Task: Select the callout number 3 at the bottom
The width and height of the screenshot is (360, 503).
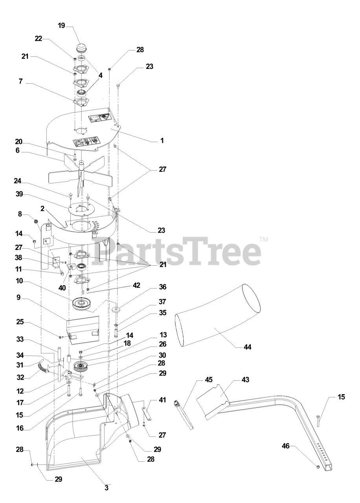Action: (x=107, y=489)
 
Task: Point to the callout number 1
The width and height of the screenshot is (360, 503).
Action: (x=162, y=140)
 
